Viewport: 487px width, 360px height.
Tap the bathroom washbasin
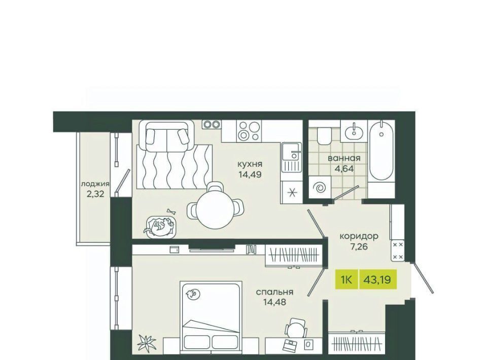click(354, 132)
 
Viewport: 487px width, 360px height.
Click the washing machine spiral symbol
click(319, 188)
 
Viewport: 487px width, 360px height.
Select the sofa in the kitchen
click(167, 135)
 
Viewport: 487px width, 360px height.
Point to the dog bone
click(171, 211)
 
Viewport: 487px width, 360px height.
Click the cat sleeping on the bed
click(193, 294)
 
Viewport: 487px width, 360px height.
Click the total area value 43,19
click(377, 280)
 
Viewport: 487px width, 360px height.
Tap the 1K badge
click(346, 279)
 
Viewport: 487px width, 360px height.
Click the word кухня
click(250, 164)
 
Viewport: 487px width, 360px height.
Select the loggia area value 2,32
click(95, 194)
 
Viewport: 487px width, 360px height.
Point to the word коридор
click(359, 236)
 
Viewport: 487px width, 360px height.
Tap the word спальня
click(274, 292)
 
